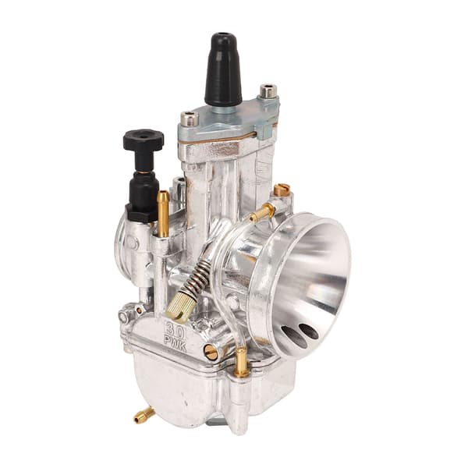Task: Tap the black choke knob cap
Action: [x=144, y=140]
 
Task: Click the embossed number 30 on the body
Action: [x=175, y=330]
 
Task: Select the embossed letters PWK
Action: [x=176, y=344]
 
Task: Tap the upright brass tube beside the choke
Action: [x=163, y=214]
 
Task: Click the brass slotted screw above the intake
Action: [x=282, y=190]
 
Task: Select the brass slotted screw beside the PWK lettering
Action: [x=211, y=352]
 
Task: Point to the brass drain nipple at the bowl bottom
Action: [x=144, y=416]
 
